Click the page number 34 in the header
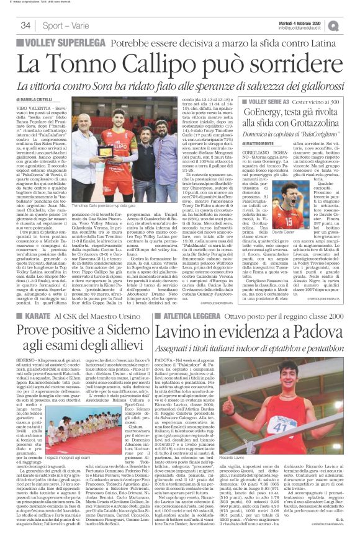point(25,25)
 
